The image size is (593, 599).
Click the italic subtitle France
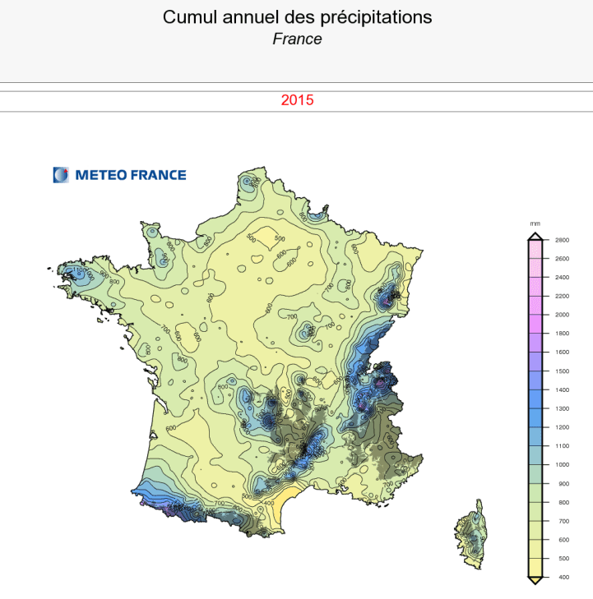(297, 39)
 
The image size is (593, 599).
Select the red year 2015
(297, 101)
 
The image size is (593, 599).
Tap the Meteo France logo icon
(61, 174)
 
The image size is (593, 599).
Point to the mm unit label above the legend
(535, 223)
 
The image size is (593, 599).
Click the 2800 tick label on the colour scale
(562, 240)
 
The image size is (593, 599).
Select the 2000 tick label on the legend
(562, 315)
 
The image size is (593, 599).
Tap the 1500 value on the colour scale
(562, 371)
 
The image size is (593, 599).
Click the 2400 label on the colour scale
(562, 278)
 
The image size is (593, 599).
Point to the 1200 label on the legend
(562, 427)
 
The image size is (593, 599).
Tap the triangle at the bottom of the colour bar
(535, 581)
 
